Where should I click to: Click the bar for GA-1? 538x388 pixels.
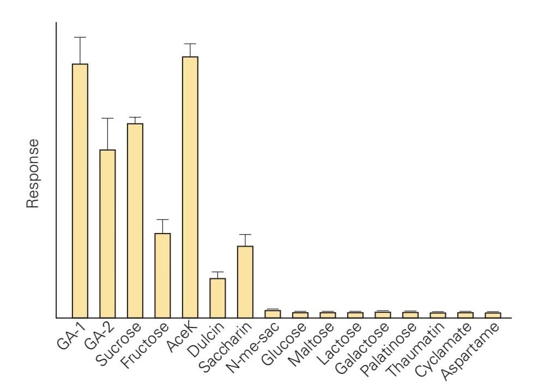pos(80,190)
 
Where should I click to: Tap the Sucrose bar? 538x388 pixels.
pos(135,220)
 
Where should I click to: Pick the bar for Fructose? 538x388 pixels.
pos(162,275)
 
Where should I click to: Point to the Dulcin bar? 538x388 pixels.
pos(217,298)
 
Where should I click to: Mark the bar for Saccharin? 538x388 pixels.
pos(245,282)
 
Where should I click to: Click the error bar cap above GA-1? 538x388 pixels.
pos(80,37)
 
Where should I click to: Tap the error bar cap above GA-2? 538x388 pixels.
pos(107,118)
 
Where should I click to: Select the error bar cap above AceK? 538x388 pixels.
pos(190,44)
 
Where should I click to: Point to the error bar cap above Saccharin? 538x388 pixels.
pos(245,234)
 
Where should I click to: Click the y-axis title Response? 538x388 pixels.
pos(34,172)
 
